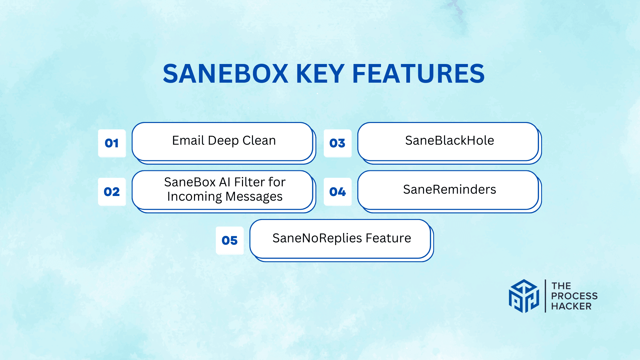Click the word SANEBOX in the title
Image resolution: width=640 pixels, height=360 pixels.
pos(225,74)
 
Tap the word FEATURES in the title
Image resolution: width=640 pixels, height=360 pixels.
pos(418,74)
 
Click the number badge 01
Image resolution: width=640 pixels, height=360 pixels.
pos(112,143)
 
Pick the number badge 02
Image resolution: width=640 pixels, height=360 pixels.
pos(112,192)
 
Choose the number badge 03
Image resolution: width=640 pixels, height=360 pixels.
pos(337,143)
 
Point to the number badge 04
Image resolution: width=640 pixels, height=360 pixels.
pos(337,192)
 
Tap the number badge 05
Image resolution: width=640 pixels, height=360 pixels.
pos(230,240)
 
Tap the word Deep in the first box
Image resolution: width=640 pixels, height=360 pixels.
pos(223,141)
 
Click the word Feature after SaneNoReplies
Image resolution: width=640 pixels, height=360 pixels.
pos(388,238)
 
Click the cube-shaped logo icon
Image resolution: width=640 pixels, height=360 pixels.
pos(524,296)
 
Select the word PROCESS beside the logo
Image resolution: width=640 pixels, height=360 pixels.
pos(574,296)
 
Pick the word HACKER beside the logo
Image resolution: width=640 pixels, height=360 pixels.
pos(571,306)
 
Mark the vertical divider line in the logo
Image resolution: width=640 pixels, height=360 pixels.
pos(545,296)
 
